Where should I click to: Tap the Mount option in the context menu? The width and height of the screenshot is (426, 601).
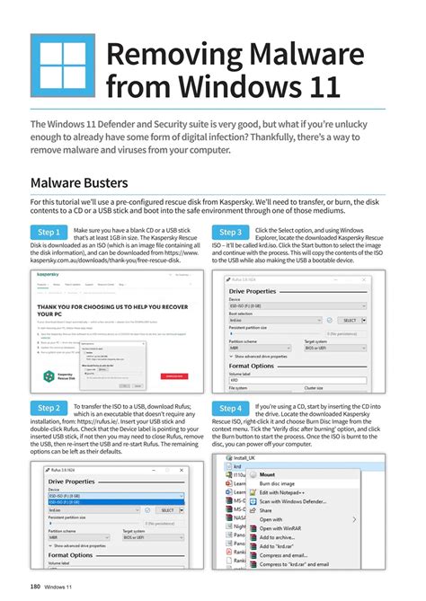pyautogui.click(x=267, y=473)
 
